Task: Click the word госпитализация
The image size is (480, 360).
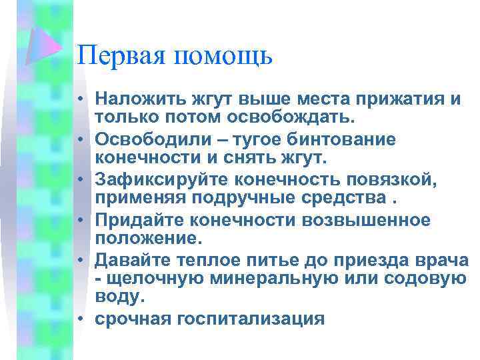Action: (249, 319)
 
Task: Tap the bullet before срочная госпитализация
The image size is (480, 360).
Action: (79, 319)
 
